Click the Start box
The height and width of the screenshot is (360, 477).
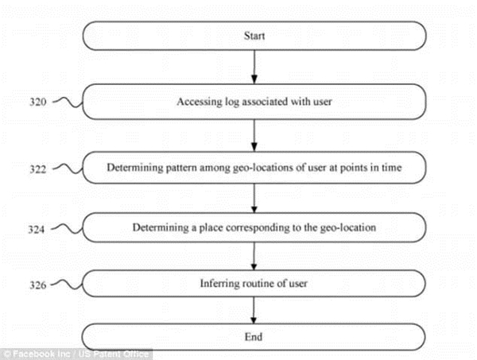[x=254, y=36]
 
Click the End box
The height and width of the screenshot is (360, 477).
[x=253, y=337]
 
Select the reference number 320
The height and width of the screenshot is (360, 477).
[x=37, y=102]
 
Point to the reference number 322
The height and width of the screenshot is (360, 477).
[x=37, y=168]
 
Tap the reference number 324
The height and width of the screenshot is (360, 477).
[x=37, y=229]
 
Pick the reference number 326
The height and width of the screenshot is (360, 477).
[x=37, y=285]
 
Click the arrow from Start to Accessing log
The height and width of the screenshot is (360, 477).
[x=254, y=67]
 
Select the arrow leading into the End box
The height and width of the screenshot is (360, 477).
[x=254, y=310]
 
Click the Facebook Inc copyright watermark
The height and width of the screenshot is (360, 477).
[x=76, y=354]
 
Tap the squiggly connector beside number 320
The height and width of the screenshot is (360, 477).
[x=68, y=103]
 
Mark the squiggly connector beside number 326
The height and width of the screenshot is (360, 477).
[x=67, y=285]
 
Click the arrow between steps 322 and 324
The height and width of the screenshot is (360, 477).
[x=254, y=198]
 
